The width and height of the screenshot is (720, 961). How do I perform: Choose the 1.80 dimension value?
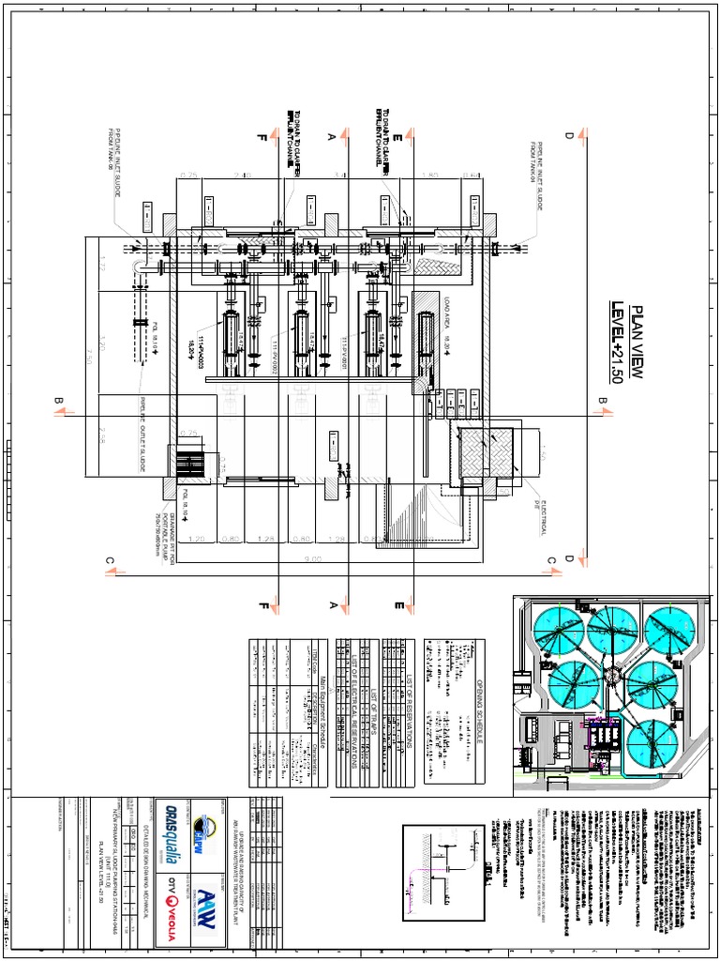[430, 175]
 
